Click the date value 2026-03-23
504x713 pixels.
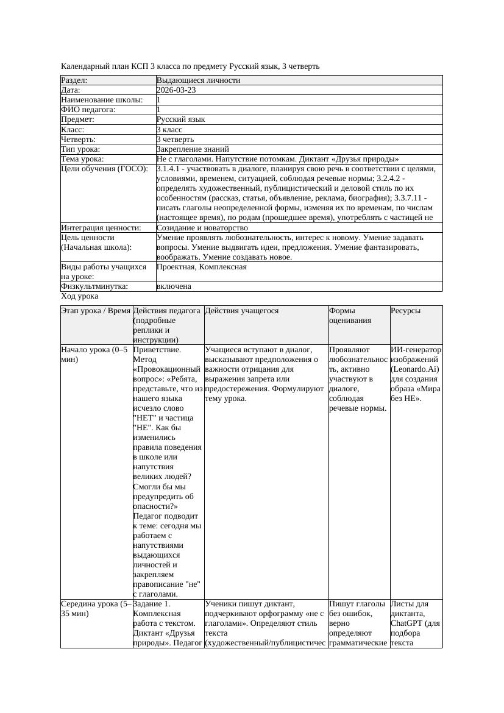pyautogui.click(x=176, y=90)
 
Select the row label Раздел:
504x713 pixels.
pyautogui.click(x=74, y=80)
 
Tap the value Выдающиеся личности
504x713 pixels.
pyautogui.click(x=198, y=80)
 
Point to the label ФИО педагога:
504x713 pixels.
pyautogui.click(x=88, y=110)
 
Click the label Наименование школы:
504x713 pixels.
pyautogui.click(x=102, y=100)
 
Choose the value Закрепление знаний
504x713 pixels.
pyautogui.click(x=193, y=149)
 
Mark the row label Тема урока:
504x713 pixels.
pyautogui.click(x=82, y=158)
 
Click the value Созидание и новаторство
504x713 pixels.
pyautogui.click(x=202, y=228)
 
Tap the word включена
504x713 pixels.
pyautogui.click(x=174, y=286)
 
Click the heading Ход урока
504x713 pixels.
pyautogui.click(x=79, y=296)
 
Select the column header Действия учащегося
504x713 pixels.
pyautogui.click(x=242, y=311)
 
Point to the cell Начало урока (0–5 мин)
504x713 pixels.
pyautogui.click(x=94, y=355)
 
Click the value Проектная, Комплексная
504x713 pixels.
pyautogui.click(x=201, y=267)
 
